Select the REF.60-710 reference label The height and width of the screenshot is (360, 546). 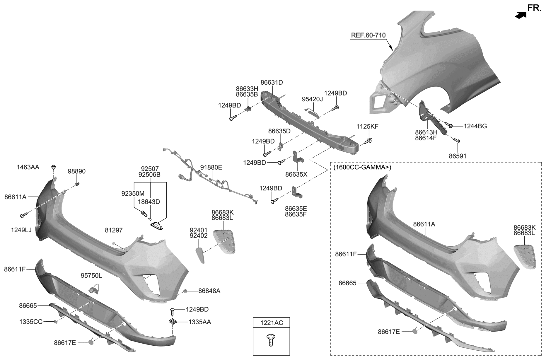pyautogui.click(x=368, y=35)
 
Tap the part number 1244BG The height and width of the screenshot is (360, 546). pyautogui.click(x=475, y=126)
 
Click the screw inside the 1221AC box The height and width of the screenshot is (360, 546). pyautogui.click(x=271, y=339)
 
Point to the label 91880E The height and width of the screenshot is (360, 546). pyautogui.click(x=211, y=168)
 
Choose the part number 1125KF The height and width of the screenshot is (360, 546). pyautogui.click(x=367, y=127)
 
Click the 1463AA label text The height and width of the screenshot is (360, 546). pyautogui.click(x=28, y=167)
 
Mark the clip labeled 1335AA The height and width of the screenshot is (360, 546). pyautogui.click(x=173, y=321)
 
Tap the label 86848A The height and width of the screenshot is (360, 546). pyautogui.click(x=209, y=291)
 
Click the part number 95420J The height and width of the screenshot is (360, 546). pyautogui.click(x=312, y=99)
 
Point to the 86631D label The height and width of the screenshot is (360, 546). pyautogui.click(x=272, y=83)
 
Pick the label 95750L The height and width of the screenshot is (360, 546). pyautogui.click(x=91, y=276)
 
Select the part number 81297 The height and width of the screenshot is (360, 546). pyautogui.click(x=114, y=230)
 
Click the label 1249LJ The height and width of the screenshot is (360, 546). pyautogui.click(x=21, y=230)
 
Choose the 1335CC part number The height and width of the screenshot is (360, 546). pyautogui.click(x=31, y=322)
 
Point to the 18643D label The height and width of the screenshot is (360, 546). pyautogui.click(x=149, y=202)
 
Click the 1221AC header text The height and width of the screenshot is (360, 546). pyautogui.click(x=272, y=323)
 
